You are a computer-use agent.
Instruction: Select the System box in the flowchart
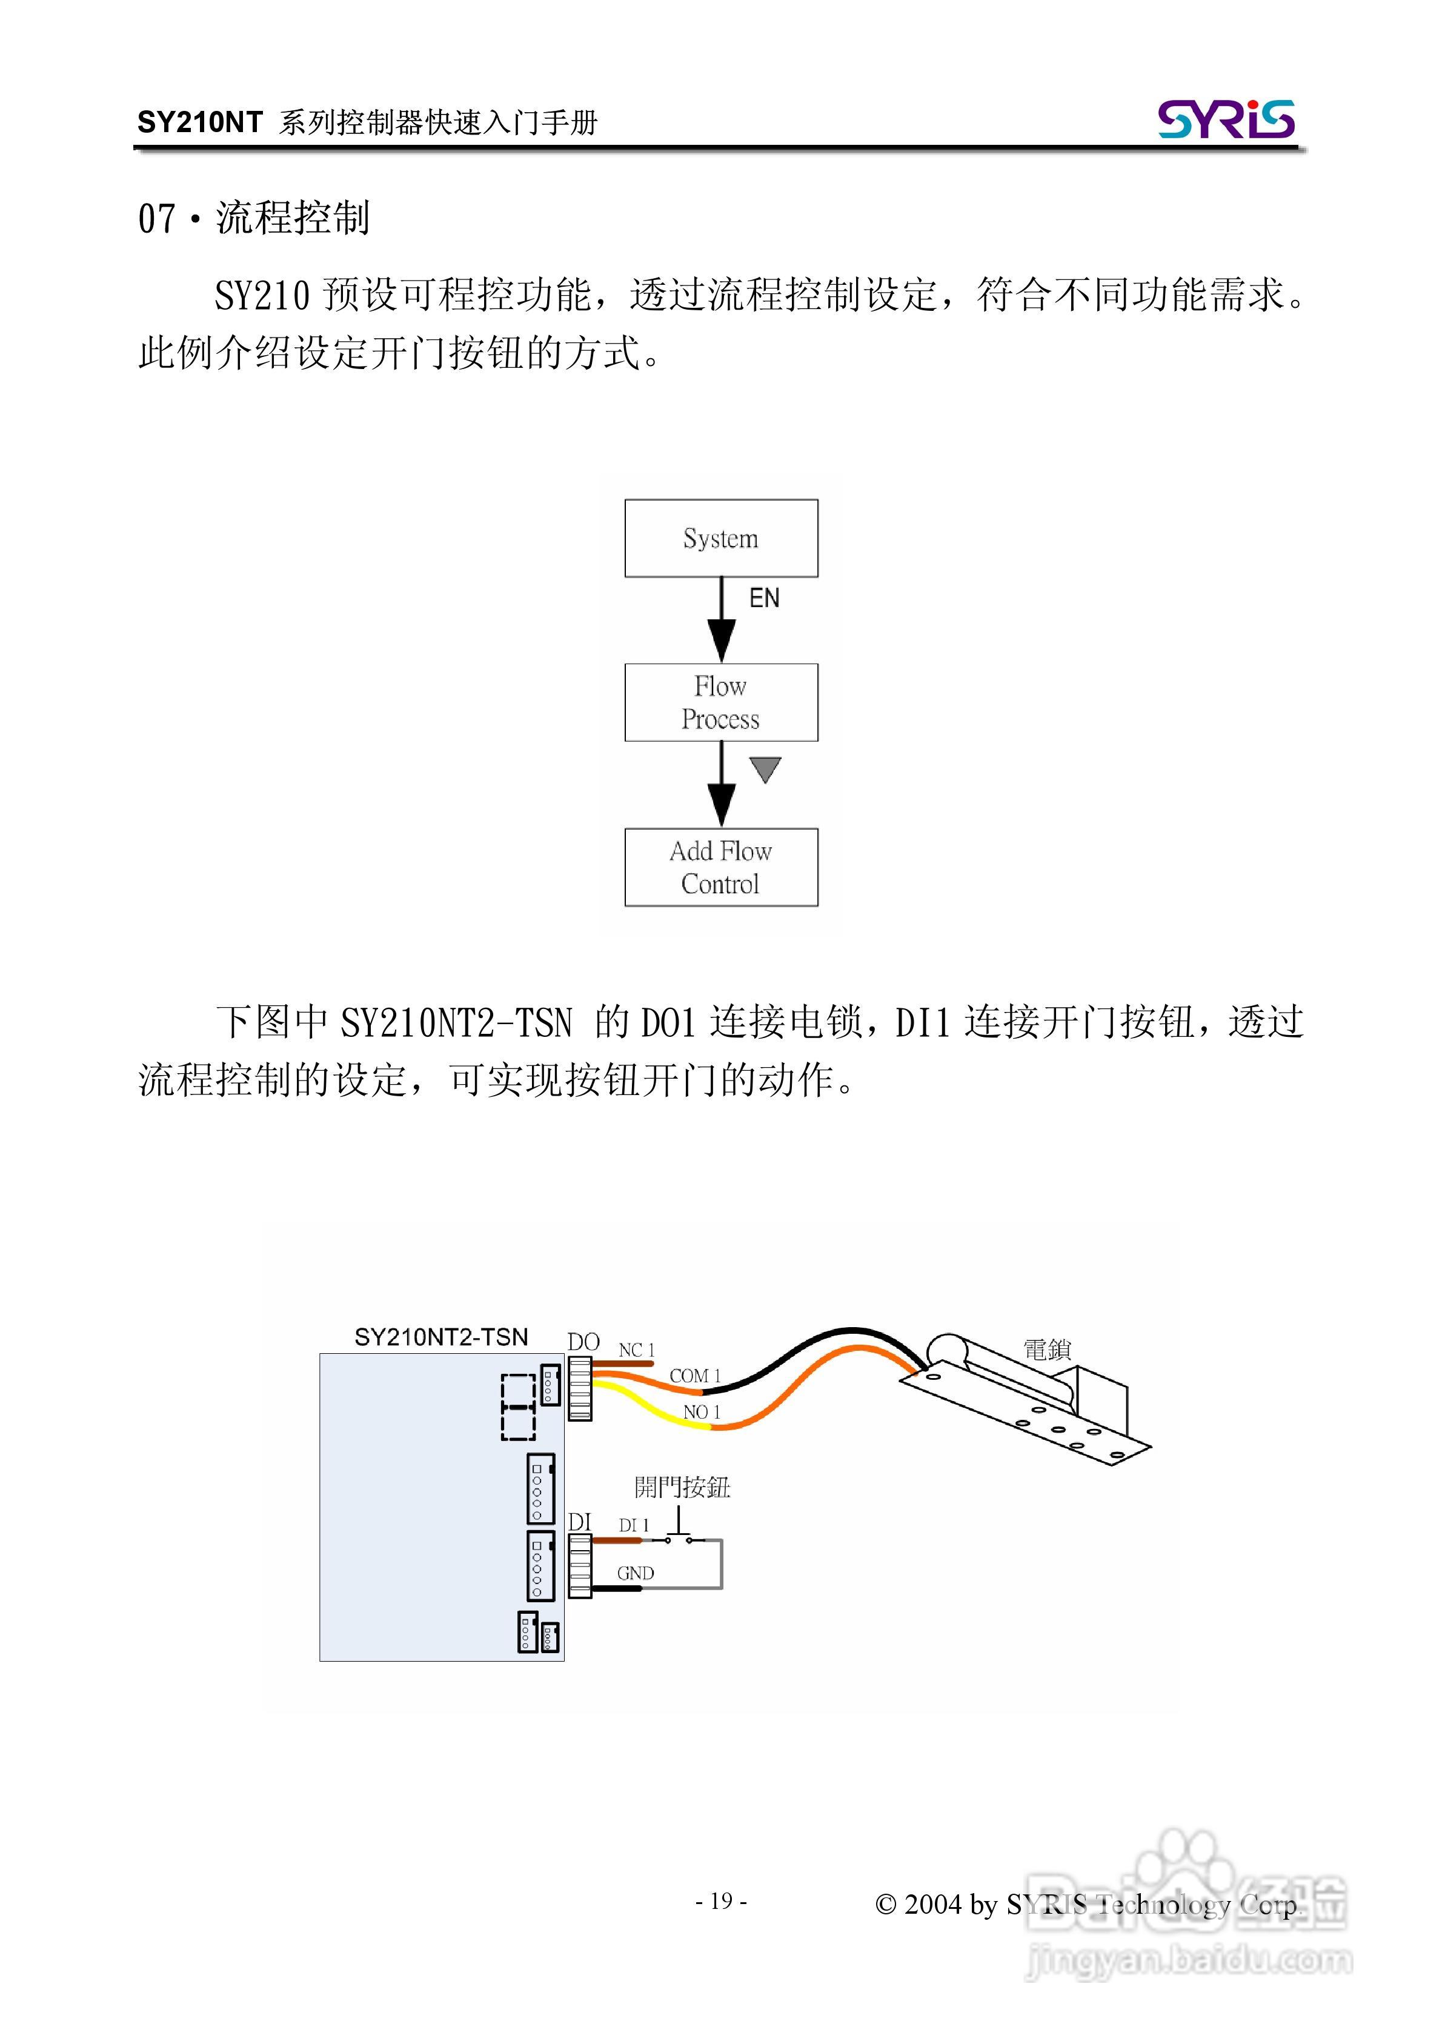720,538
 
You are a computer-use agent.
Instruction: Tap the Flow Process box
720,702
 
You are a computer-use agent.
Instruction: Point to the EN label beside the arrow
763,598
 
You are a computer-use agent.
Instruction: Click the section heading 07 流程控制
253,218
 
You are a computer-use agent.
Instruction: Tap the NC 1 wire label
637,1350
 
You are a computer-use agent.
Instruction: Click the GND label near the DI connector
636,1573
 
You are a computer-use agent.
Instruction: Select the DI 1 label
634,1525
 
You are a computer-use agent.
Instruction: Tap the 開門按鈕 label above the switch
682,1487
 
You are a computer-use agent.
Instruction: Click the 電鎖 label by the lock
1046,1350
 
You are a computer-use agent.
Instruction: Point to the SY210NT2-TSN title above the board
441,1337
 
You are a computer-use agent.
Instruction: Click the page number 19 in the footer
721,1900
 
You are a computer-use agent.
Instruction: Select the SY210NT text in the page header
200,122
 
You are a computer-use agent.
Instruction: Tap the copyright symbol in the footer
885,1903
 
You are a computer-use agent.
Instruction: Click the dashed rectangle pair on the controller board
518,1407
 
